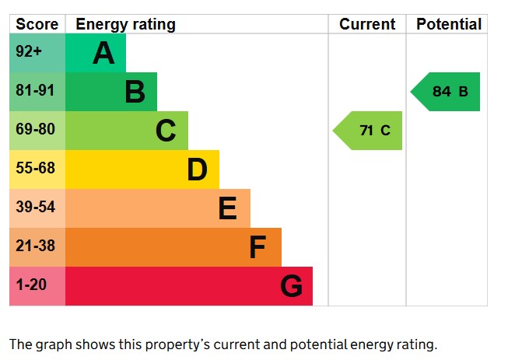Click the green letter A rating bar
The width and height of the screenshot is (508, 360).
(x=95, y=53)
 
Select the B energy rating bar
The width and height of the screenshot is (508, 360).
(x=110, y=92)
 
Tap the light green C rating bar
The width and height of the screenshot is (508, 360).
(x=126, y=131)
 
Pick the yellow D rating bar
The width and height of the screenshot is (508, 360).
(x=142, y=170)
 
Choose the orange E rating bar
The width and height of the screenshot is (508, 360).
(x=157, y=208)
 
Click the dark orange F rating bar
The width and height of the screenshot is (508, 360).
(x=173, y=247)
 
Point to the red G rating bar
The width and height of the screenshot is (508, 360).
(x=188, y=286)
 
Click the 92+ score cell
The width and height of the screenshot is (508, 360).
(x=37, y=53)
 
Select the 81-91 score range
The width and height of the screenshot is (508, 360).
(x=37, y=92)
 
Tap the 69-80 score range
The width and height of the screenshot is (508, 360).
(x=37, y=131)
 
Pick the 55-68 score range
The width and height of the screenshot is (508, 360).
(x=37, y=170)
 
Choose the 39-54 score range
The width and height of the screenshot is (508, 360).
(x=37, y=208)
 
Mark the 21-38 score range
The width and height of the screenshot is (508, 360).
(x=37, y=247)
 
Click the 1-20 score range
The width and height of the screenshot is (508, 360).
(x=37, y=286)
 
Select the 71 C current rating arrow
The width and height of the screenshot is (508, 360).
(x=370, y=131)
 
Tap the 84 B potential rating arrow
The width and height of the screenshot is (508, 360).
(x=447, y=92)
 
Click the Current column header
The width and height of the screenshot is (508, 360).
(x=367, y=24)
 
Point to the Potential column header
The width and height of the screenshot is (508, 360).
(x=448, y=24)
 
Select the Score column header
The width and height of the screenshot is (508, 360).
(x=37, y=24)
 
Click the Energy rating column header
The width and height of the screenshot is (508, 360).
(x=125, y=24)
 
